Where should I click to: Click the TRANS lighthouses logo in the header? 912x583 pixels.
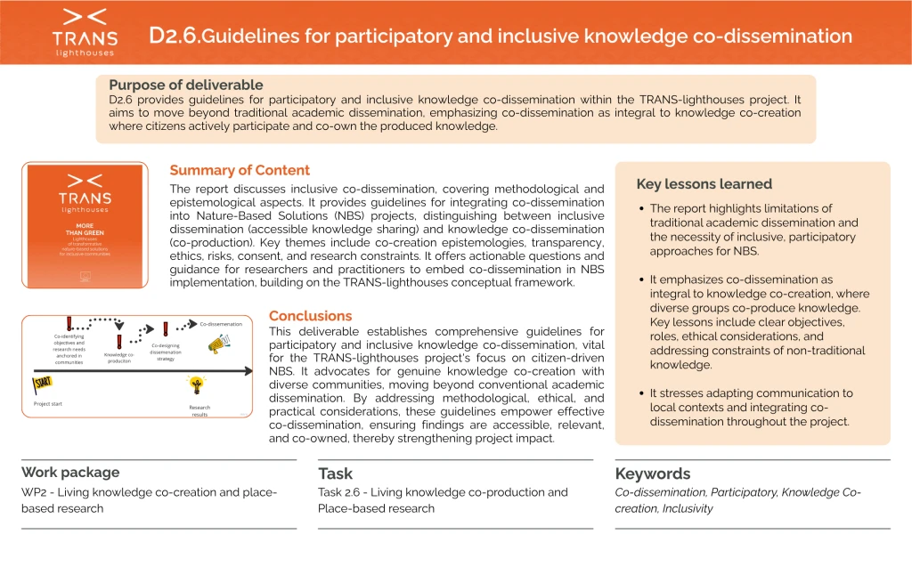(85, 32)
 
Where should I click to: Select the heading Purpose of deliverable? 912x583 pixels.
(186, 85)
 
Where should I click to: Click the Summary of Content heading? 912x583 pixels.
(240, 170)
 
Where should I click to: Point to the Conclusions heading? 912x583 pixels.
(310, 316)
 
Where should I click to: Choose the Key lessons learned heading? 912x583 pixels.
(704, 184)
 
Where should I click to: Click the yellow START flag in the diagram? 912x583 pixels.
(43, 383)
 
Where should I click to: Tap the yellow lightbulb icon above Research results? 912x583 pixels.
(196, 385)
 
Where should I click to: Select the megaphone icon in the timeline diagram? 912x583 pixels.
(218, 343)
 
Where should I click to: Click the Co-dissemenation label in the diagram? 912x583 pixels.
(220, 324)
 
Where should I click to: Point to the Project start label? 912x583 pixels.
(48, 403)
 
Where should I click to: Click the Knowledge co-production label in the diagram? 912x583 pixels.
(118, 358)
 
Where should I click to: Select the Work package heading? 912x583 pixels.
(70, 473)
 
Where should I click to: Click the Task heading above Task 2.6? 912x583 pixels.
(335, 474)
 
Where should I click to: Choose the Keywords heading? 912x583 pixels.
(652, 474)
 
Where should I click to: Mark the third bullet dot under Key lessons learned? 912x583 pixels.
(642, 393)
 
